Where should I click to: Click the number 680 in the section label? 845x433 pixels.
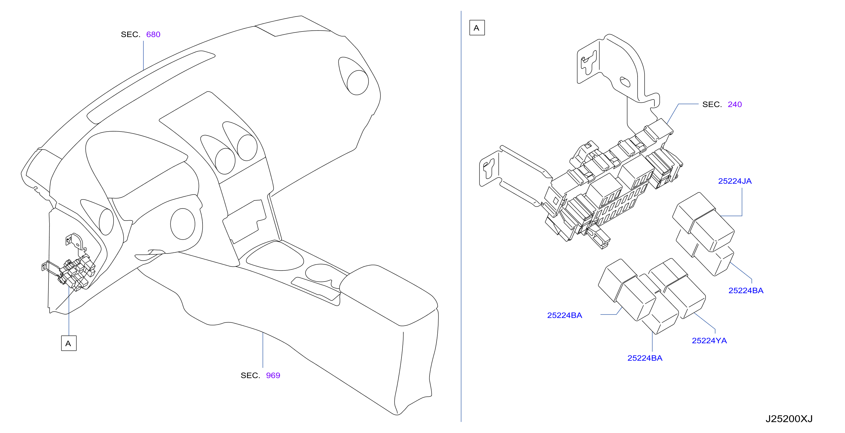pyautogui.click(x=153, y=34)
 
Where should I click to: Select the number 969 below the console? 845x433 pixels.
pyautogui.click(x=273, y=375)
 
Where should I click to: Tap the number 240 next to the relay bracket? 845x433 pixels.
pyautogui.click(x=734, y=104)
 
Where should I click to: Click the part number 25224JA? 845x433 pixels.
pyautogui.click(x=735, y=181)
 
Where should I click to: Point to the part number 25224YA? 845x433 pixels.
pyautogui.click(x=709, y=341)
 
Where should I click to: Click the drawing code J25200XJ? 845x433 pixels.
pyautogui.click(x=789, y=419)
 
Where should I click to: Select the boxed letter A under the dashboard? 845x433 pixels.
pyautogui.click(x=69, y=343)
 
